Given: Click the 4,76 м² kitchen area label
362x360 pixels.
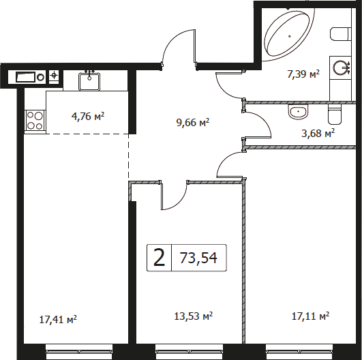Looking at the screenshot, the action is point(88,117).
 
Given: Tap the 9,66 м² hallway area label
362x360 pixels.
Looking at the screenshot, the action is point(193,122).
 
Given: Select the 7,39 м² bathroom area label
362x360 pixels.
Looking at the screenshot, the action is point(303,74).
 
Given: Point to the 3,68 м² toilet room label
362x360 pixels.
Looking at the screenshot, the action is point(318,133).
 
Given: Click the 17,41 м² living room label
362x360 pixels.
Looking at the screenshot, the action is point(58,320).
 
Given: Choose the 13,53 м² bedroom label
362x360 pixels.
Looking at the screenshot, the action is point(194,316).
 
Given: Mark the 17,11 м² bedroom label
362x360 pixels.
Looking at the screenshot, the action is point(310,316).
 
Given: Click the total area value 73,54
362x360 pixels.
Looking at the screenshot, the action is point(198,258).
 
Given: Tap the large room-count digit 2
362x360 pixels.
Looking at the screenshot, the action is point(160,258).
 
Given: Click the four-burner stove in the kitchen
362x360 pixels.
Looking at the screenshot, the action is point(35,120).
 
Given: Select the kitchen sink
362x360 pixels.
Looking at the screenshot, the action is point(89,82).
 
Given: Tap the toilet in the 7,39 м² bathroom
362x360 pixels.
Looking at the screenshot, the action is point(340,35).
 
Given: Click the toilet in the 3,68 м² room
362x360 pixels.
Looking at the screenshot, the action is point(334,114).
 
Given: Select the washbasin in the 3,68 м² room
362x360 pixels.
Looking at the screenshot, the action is point(298,112).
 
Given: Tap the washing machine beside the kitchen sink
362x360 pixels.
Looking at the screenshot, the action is point(30,77).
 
